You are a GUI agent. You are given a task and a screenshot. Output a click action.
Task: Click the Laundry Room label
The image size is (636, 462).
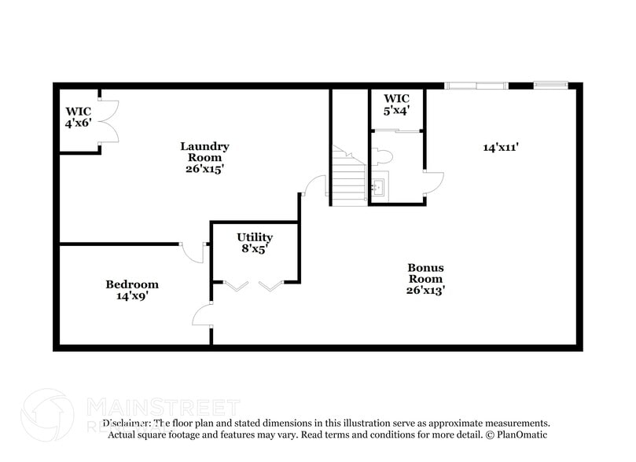tap(204, 152)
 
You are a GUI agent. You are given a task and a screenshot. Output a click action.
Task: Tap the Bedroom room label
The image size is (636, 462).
tap(132, 284)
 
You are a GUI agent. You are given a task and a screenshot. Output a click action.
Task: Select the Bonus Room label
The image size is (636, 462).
tap(425, 273)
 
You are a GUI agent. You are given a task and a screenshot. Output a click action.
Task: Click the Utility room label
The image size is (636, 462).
tap(255, 237)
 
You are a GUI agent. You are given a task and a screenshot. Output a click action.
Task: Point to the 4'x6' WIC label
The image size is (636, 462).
tap(79, 117)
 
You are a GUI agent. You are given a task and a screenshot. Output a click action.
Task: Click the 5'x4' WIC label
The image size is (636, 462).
tap(396, 104)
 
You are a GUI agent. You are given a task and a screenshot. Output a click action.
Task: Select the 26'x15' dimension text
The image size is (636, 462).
tap(204, 169)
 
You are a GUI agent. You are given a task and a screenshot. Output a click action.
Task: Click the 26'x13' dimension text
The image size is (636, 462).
tap(425, 290)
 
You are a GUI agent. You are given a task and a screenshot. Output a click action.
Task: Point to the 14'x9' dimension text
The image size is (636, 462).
tap(132, 297)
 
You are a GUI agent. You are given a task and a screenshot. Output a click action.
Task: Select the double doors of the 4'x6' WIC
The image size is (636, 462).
tap(108, 121)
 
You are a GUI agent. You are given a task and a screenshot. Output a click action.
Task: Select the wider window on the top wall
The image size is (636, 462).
tap(476, 85)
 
